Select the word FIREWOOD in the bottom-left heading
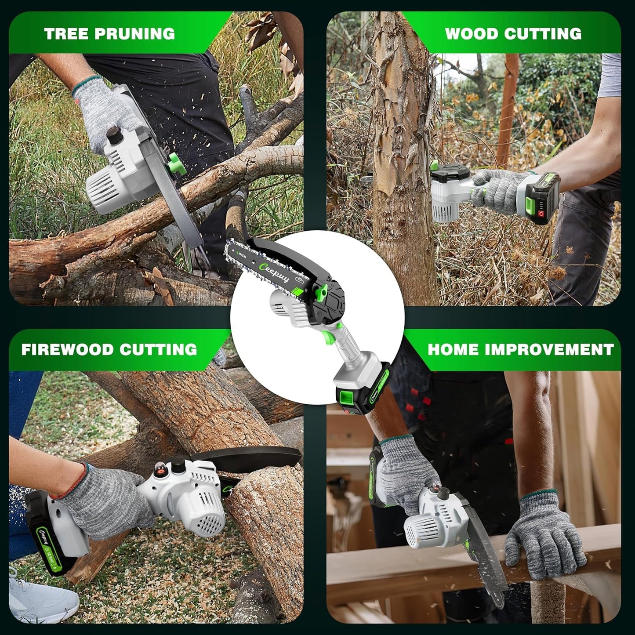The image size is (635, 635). pos(66,349)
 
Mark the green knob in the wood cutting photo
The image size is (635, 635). pos(433,166)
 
